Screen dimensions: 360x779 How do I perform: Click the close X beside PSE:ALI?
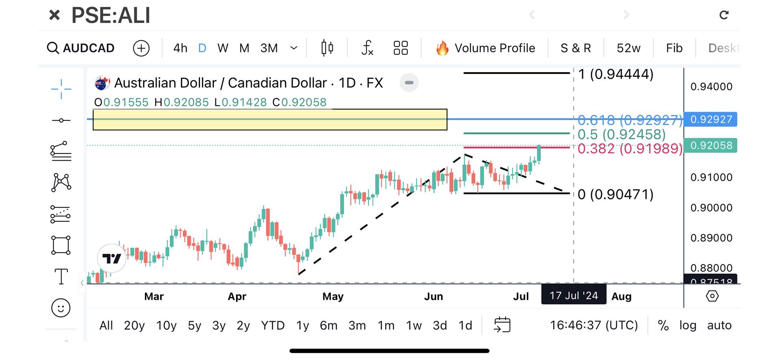click(x=54, y=15)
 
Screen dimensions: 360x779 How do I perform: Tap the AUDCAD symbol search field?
click(x=81, y=48)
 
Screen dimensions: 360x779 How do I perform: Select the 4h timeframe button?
click(x=180, y=48)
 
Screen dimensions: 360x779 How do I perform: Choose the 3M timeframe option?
click(x=269, y=48)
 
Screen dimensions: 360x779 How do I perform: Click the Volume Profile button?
click(x=486, y=48)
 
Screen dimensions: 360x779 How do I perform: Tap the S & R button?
click(x=575, y=48)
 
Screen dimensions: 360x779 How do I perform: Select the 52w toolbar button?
click(x=628, y=48)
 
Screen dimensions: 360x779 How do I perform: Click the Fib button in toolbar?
click(x=674, y=48)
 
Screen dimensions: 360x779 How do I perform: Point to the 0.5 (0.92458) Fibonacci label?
click(x=621, y=134)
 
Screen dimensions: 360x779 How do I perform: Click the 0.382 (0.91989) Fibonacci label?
click(x=629, y=149)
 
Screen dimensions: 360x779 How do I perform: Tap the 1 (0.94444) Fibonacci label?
click(x=615, y=74)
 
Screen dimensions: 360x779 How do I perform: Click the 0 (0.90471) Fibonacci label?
click(x=615, y=194)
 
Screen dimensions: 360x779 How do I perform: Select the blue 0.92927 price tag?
click(x=711, y=119)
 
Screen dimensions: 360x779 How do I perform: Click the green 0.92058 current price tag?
click(x=711, y=145)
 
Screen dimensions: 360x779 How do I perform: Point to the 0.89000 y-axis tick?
click(x=711, y=238)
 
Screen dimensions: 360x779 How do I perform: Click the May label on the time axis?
click(x=333, y=296)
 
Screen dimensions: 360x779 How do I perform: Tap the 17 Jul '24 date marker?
click(x=573, y=295)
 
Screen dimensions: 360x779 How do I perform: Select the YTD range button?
click(x=273, y=326)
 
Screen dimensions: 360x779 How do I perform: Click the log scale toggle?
click(x=688, y=326)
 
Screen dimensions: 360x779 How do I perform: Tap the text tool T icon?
click(x=61, y=277)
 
